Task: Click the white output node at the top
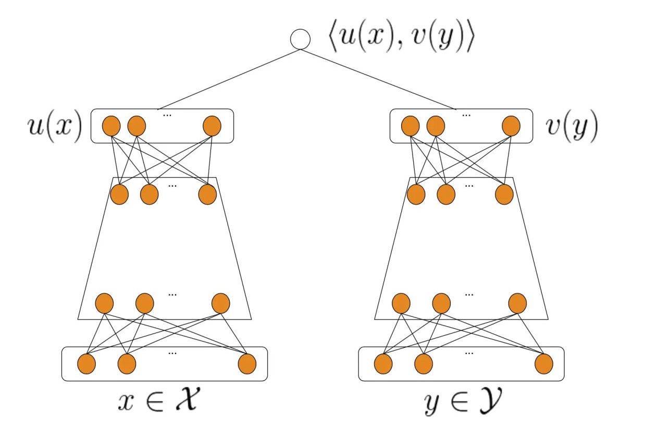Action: coord(301,40)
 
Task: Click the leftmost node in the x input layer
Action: coord(86,364)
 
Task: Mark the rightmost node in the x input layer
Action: coord(247,364)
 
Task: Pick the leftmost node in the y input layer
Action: coord(383,364)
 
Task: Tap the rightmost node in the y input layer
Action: coord(543,364)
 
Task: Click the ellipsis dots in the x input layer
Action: coord(172,353)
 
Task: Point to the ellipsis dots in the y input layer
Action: coord(469,353)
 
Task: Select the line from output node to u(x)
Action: coord(229,79)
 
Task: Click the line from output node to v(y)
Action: coord(378,79)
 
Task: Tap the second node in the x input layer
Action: coord(127,364)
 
